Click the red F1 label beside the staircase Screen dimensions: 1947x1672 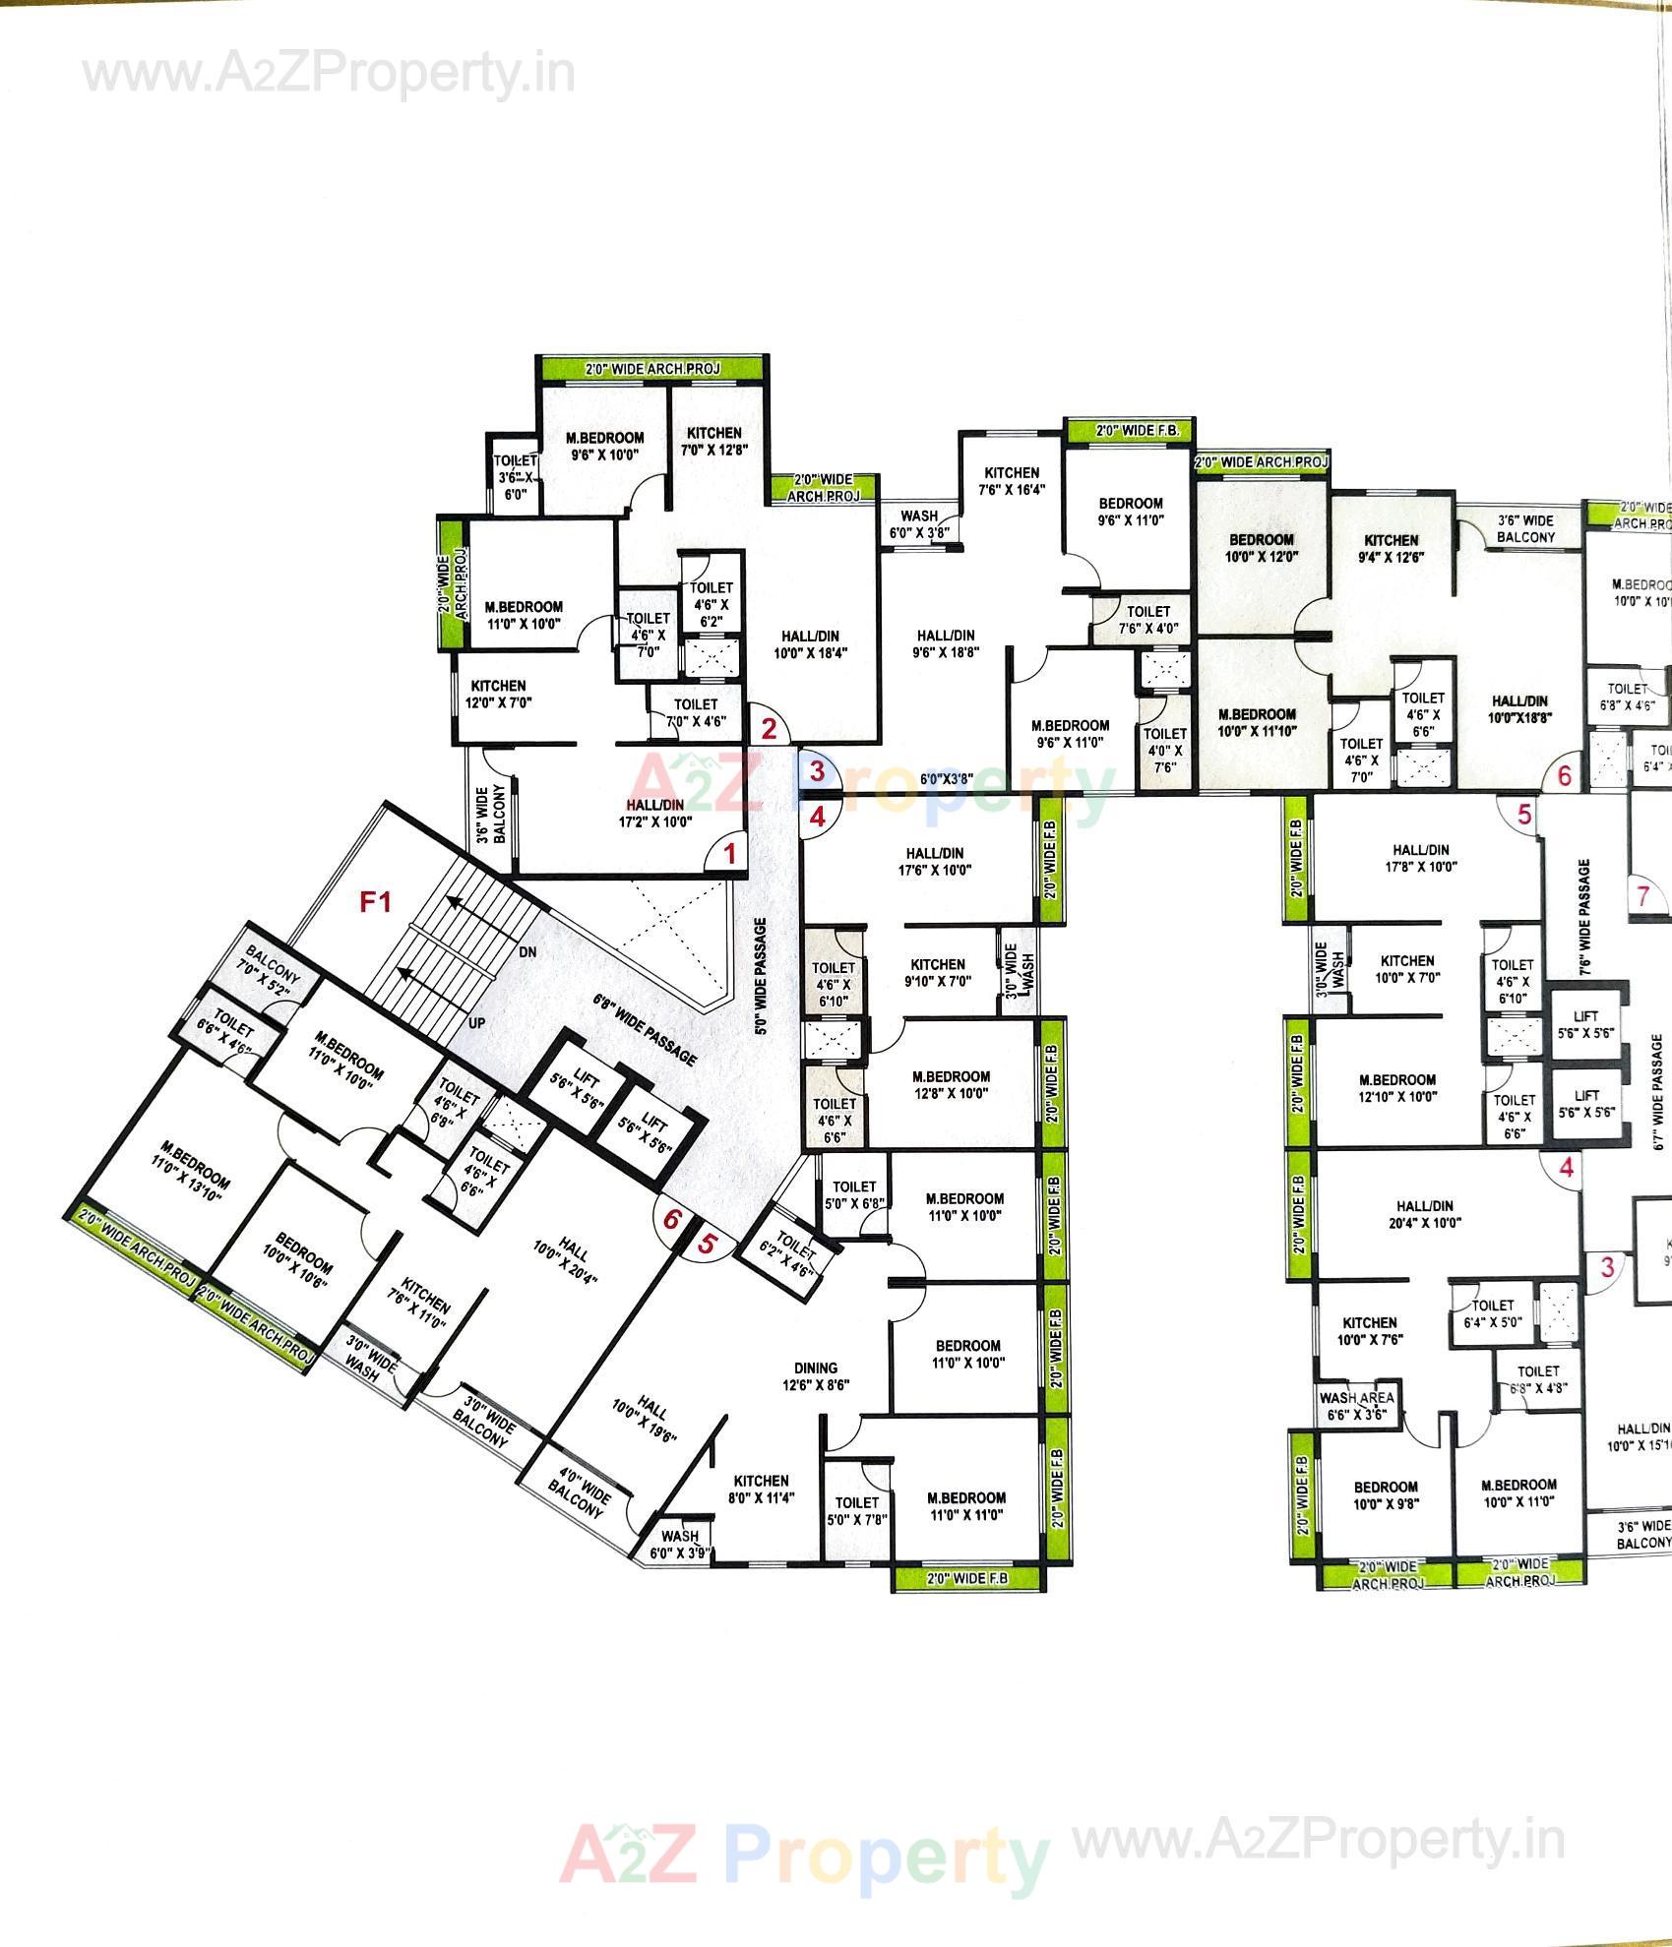coord(376,901)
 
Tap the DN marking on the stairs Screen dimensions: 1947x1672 coord(527,952)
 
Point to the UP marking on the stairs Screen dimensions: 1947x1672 coord(476,1023)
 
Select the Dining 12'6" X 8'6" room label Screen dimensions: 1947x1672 coord(815,1375)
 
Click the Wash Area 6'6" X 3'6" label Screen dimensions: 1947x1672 coord(1356,1406)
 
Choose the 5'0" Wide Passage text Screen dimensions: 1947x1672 coord(761,976)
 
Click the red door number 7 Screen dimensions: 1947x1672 coord(1642,896)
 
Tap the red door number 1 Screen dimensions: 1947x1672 coord(729,854)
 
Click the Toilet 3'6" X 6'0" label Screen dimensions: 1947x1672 coord(515,477)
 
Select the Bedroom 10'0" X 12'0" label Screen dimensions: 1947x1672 coord(1261,547)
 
